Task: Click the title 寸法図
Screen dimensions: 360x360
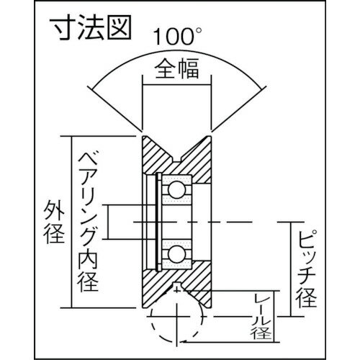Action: point(91,27)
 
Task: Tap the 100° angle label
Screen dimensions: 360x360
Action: point(177,37)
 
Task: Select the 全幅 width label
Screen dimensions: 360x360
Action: point(177,69)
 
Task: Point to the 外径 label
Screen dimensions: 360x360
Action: point(54,222)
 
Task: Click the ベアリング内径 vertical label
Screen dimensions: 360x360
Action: point(88,221)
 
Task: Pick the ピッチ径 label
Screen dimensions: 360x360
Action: point(307,269)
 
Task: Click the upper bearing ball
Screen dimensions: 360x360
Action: point(177,189)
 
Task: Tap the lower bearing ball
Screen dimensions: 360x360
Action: point(177,254)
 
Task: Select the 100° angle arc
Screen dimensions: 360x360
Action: point(177,50)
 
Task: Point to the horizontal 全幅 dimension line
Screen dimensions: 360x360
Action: point(177,85)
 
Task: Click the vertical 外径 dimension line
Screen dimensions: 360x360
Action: point(71,222)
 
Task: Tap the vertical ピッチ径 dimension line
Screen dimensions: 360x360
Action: point(291,269)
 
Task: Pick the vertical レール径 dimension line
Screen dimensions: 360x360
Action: point(274,316)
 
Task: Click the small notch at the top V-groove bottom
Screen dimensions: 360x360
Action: point(177,161)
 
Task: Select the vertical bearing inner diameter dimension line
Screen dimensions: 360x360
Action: point(108,222)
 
